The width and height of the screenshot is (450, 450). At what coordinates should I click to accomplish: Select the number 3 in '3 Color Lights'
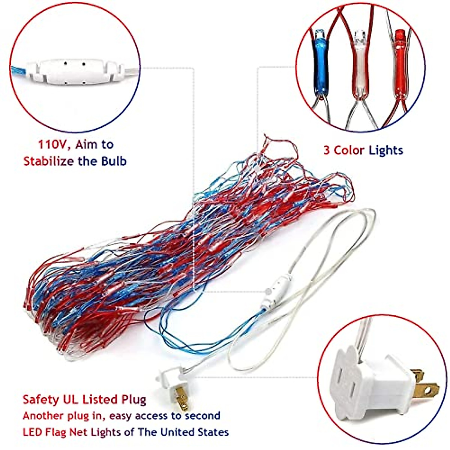(327, 151)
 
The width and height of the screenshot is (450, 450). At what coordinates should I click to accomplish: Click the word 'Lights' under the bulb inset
(385, 151)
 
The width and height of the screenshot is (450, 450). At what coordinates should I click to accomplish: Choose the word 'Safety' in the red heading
(40, 400)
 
